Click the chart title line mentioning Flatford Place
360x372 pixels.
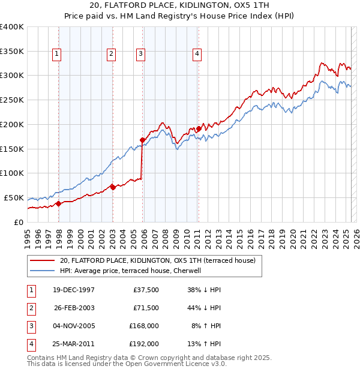point(179,5)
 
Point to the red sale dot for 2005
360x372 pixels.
point(142,140)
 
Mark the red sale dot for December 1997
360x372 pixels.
point(59,203)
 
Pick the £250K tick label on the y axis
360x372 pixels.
point(11,100)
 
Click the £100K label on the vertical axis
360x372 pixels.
point(11,173)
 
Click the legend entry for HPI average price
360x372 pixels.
point(133,271)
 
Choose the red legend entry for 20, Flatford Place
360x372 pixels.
point(158,260)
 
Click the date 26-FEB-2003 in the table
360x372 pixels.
point(74,308)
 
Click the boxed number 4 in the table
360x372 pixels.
point(31,344)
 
